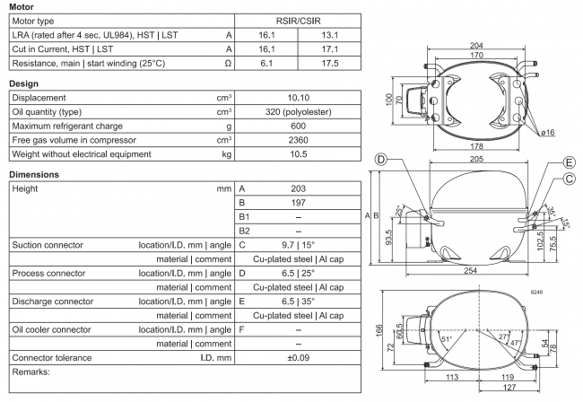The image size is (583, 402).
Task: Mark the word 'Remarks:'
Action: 31,371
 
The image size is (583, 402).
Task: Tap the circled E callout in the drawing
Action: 568,162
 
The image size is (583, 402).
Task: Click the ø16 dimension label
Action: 546,131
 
